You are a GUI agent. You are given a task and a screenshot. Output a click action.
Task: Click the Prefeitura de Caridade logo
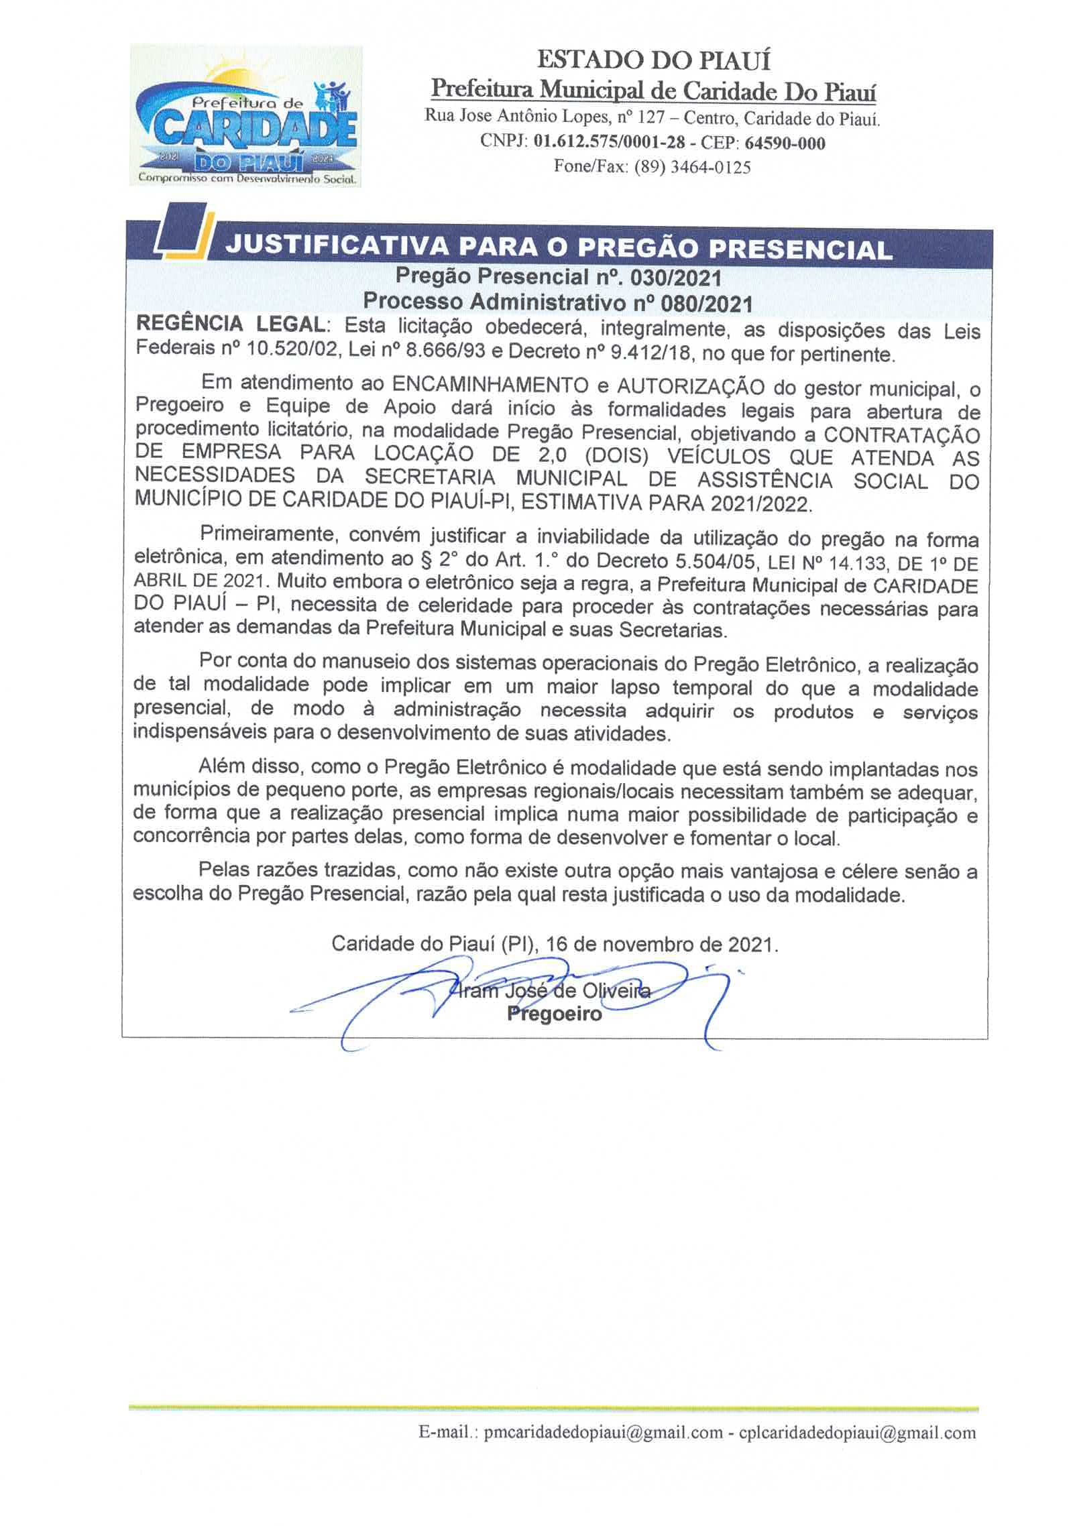tap(245, 116)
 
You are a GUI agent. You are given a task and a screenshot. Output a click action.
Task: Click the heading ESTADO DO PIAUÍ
tap(653, 61)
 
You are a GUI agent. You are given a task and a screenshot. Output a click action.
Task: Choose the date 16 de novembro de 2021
tap(661, 945)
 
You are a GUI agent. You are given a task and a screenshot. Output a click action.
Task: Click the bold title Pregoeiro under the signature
tap(554, 1014)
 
